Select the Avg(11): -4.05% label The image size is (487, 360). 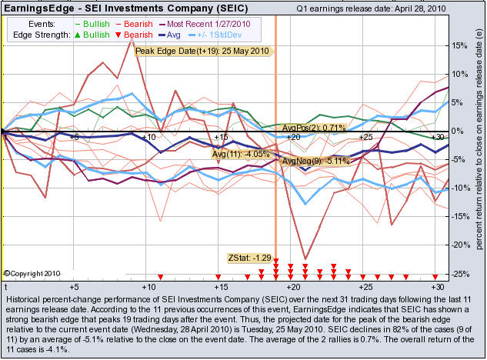tap(242, 154)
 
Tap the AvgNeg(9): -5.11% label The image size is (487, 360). tap(316, 161)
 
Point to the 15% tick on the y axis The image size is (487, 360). tap(458, 45)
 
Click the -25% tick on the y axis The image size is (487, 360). tap(458, 273)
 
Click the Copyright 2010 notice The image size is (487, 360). tap(30, 273)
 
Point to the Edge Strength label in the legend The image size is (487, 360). tap(42, 35)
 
